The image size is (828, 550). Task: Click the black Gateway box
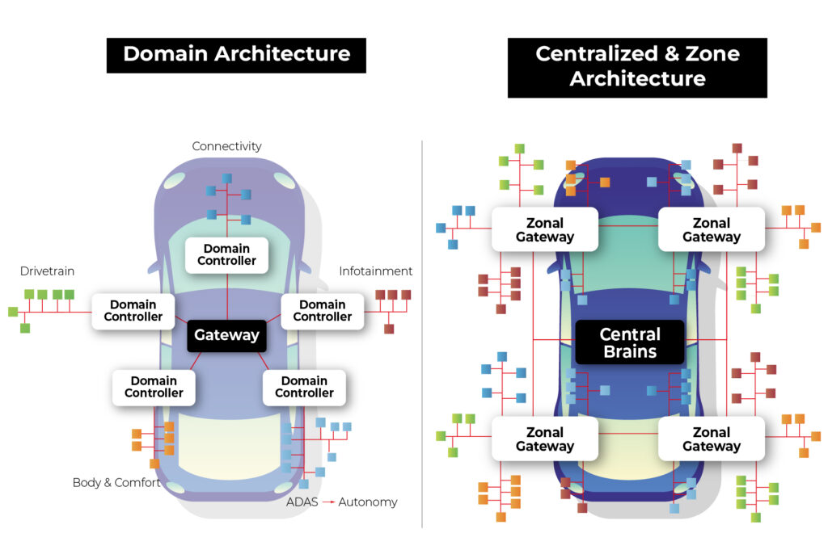[227, 335]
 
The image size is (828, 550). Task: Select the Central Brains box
[629, 342]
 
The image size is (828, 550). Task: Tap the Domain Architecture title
[236, 55]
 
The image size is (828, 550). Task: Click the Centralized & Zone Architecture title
[637, 67]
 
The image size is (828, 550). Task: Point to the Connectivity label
[226, 146]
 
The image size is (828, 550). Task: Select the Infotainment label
[375, 271]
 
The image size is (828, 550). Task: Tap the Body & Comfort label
[116, 483]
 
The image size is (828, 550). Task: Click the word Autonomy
[368, 502]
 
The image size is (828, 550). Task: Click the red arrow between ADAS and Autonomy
[328, 502]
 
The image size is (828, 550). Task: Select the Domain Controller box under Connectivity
[226, 254]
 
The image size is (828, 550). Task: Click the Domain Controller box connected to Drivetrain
[133, 311]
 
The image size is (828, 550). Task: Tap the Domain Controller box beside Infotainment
[322, 311]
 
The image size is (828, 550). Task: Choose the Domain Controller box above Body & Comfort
[154, 387]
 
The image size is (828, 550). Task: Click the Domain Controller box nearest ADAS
[304, 387]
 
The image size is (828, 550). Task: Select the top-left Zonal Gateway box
[545, 230]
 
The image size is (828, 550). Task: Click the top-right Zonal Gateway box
[712, 230]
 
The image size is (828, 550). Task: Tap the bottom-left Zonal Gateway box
[545, 439]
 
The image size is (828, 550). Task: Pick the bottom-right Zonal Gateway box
[712, 439]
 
